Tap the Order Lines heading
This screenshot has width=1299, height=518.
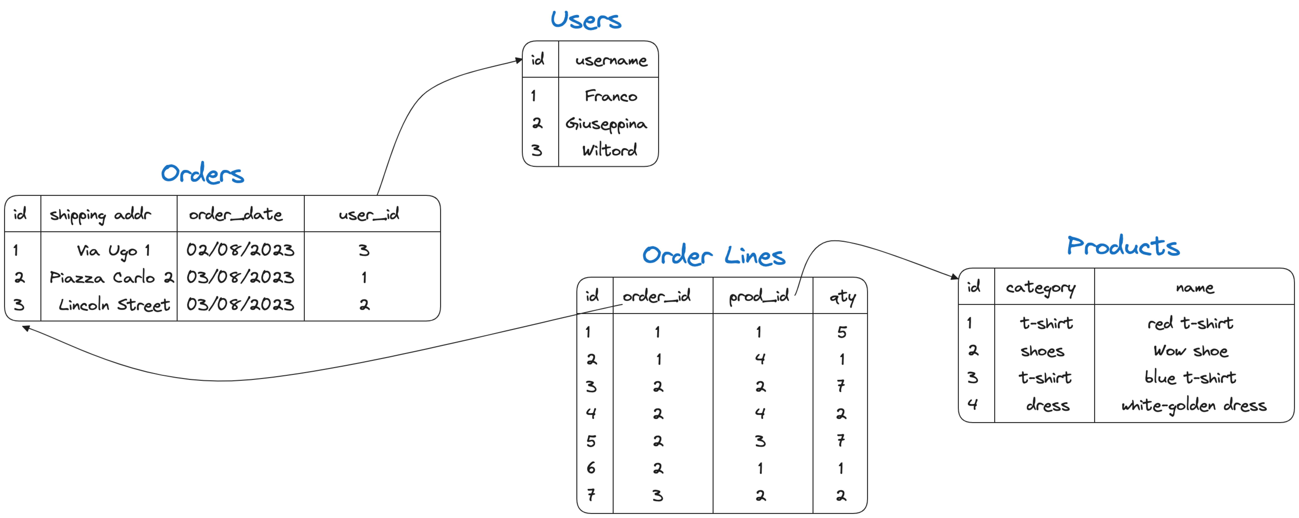coord(714,256)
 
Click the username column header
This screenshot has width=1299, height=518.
coord(611,60)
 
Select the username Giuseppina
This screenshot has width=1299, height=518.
coord(606,124)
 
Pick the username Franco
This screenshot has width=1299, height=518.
coord(611,96)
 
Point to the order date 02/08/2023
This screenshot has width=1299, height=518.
coord(240,250)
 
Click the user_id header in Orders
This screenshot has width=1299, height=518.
coord(369,214)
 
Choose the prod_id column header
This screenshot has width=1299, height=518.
coord(759,296)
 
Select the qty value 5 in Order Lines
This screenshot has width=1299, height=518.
coord(842,332)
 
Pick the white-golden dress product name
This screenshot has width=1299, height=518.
coord(1194,405)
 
